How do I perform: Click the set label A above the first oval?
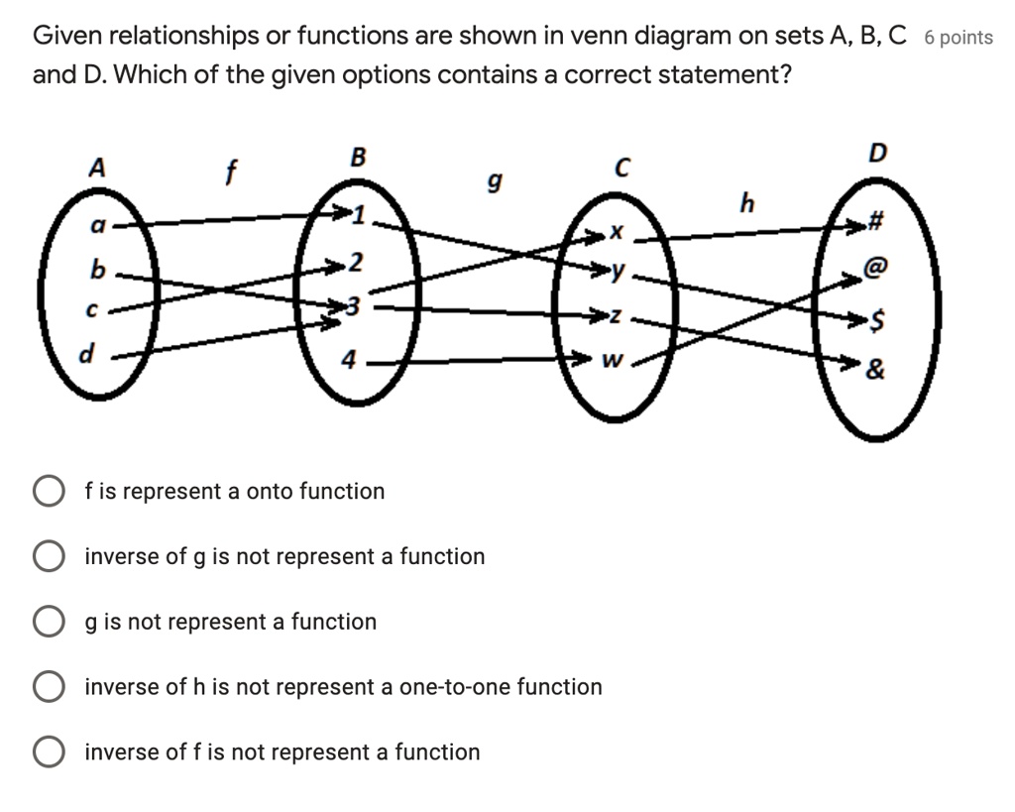(96, 169)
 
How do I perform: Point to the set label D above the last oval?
(876, 153)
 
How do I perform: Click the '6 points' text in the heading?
(958, 38)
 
